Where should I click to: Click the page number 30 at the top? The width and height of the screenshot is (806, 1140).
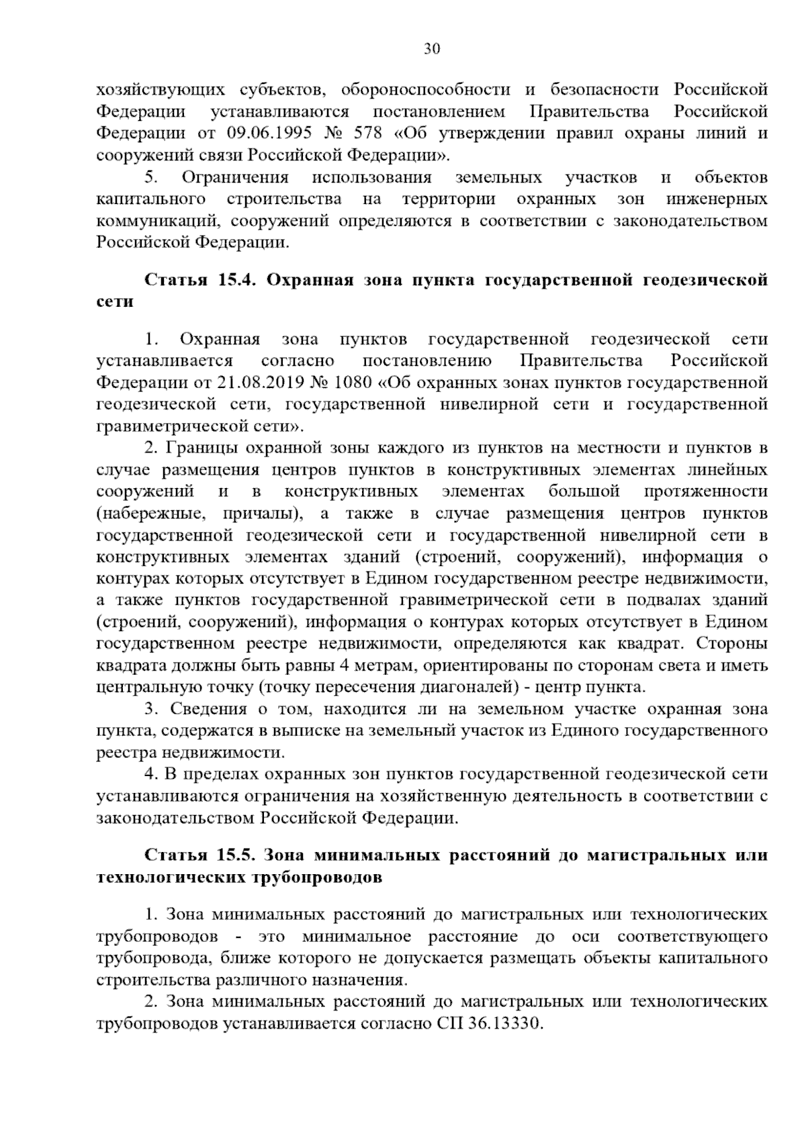tap(432, 48)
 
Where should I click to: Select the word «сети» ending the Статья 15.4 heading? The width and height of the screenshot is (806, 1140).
tap(114, 302)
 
